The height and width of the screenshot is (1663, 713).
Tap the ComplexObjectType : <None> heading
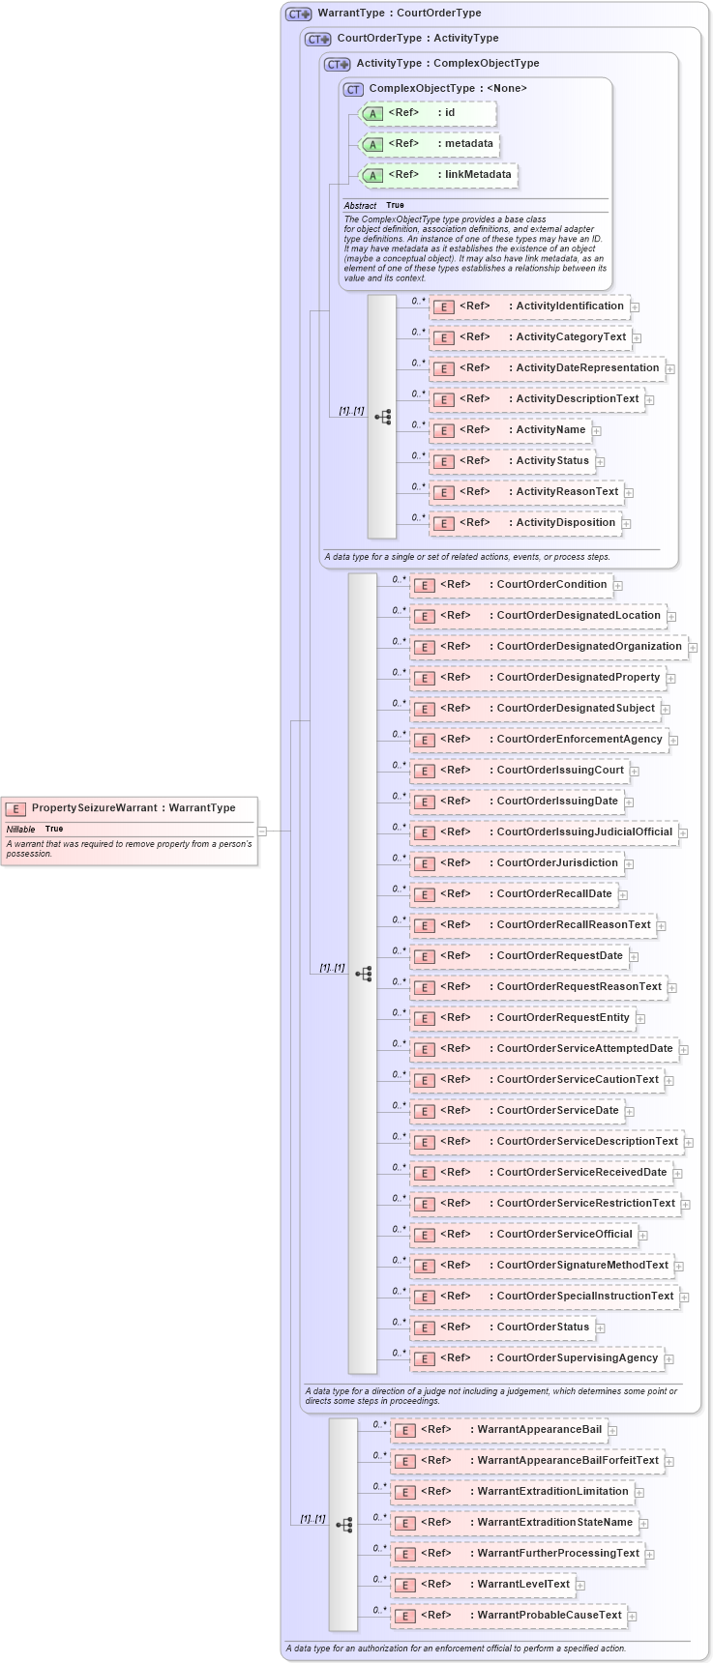pos(447,89)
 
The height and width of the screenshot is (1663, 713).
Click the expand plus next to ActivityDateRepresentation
pos(669,369)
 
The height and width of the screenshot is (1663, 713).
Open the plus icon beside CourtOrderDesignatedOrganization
pos(693,648)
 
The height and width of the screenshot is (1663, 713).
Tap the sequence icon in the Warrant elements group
pos(344,1525)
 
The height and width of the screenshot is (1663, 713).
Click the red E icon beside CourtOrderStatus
pos(423,1328)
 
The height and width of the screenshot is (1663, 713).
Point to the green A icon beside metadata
pos(372,145)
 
